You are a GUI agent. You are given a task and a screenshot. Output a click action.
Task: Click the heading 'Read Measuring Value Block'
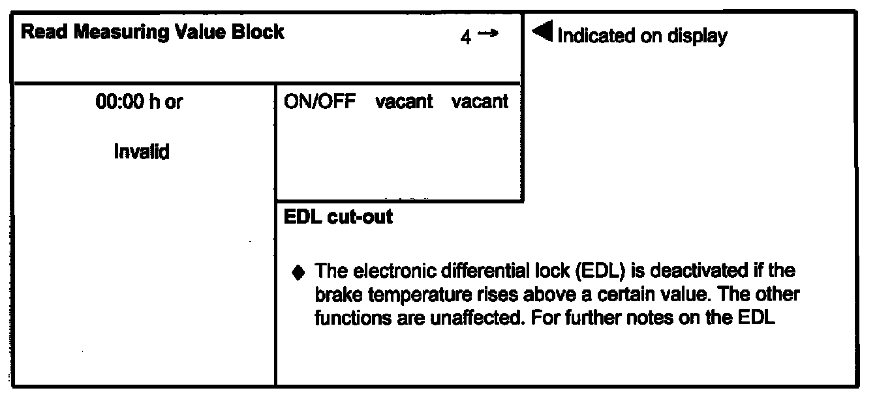(x=153, y=33)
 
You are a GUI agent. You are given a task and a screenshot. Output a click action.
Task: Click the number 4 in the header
(x=465, y=38)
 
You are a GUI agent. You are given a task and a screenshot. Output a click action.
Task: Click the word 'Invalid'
(x=141, y=153)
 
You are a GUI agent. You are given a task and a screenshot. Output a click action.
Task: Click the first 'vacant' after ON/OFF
(x=405, y=103)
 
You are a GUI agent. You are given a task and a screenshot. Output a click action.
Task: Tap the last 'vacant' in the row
(x=480, y=103)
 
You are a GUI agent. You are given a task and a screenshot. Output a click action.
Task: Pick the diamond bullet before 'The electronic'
(x=298, y=273)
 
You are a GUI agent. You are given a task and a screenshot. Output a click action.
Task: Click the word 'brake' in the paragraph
(x=334, y=295)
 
